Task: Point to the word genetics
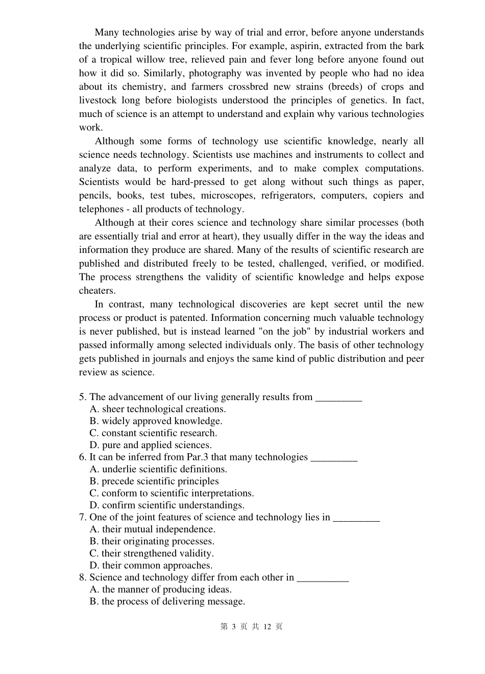pyautogui.click(x=372, y=100)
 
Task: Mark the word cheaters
pyautogui.click(x=97, y=291)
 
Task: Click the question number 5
pyautogui.click(x=82, y=397)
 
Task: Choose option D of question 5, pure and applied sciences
pyautogui.click(x=156, y=445)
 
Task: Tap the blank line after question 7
pyautogui.click(x=356, y=518)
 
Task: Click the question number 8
pyautogui.click(x=82, y=577)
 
